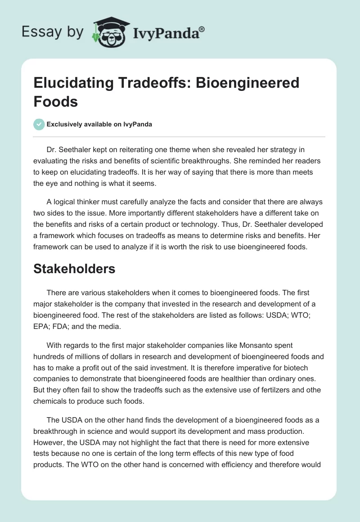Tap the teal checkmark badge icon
(39, 124)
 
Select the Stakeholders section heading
(74, 269)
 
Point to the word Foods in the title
(55, 101)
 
